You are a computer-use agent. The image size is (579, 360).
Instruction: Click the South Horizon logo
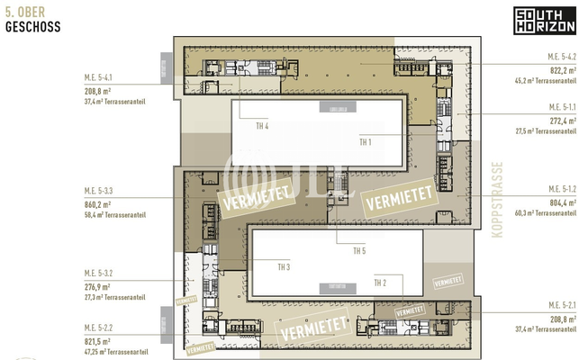(x=543, y=21)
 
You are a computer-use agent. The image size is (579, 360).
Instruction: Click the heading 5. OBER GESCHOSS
(x=32, y=21)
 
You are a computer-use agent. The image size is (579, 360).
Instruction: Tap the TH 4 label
(x=262, y=126)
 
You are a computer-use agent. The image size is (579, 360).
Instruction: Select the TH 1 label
(x=366, y=141)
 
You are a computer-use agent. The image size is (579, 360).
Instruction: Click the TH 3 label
(x=284, y=266)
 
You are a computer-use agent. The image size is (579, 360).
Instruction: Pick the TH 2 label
(x=380, y=283)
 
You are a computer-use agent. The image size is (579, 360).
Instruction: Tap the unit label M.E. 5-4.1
(x=101, y=78)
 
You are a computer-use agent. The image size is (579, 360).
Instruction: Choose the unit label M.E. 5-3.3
(x=101, y=191)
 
